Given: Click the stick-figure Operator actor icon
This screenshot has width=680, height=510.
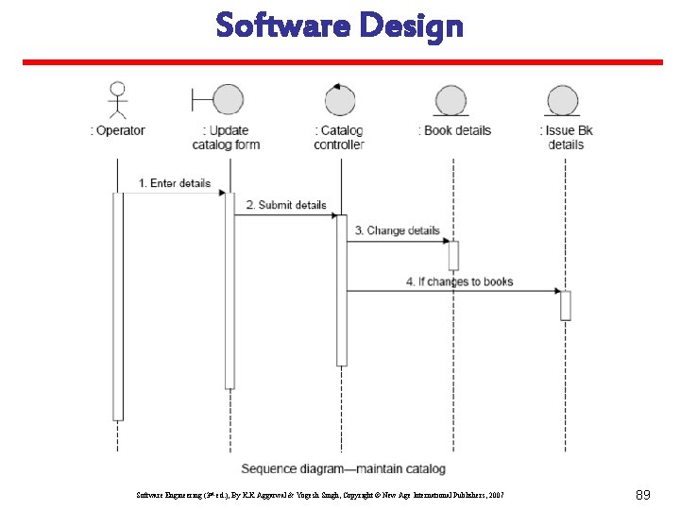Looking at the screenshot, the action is click(117, 101).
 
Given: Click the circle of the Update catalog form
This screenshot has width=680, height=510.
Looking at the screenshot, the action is click(228, 99).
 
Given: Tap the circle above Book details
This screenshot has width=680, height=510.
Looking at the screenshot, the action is click(451, 100).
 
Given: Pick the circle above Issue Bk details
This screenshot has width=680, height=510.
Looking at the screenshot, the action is click(564, 100).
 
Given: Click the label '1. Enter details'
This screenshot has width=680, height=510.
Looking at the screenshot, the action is click(175, 183).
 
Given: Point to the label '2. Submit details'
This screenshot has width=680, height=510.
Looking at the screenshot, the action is click(286, 205).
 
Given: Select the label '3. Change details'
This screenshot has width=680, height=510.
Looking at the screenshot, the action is click(397, 230).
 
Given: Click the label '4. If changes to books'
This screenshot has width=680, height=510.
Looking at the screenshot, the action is click(459, 281).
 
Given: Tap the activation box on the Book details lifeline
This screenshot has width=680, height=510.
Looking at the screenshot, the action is click(453, 256).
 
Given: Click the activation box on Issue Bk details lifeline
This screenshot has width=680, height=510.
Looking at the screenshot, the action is click(565, 305).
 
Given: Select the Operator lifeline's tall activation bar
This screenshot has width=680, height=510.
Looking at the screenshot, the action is click(118, 306).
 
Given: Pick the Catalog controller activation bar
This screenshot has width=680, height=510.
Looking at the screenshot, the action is click(342, 290).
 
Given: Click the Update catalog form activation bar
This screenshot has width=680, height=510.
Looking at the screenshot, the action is click(229, 290).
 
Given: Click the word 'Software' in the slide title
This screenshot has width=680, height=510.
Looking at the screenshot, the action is click(283, 25).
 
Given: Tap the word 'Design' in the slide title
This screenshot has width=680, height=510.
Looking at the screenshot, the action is click(412, 25).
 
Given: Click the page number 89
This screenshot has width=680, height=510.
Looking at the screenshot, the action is click(642, 494).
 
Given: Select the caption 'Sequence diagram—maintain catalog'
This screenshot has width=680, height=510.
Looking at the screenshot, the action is click(343, 468).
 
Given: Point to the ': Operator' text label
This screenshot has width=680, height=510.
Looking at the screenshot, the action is click(118, 130).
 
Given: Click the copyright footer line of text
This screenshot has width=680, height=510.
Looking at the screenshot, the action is click(320, 494).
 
